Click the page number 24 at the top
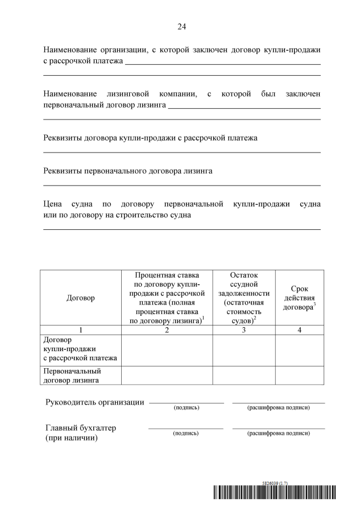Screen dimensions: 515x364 [x=182, y=27]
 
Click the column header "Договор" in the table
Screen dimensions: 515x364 [x=81, y=298]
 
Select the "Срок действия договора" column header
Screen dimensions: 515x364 [x=299, y=298]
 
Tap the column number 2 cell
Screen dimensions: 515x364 [x=167, y=330]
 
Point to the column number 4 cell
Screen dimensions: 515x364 [x=299, y=330]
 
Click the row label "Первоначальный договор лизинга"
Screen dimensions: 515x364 [x=73, y=376]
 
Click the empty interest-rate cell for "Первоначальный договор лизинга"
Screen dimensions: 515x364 [x=167, y=376]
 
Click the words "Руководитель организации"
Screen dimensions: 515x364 [x=94, y=403]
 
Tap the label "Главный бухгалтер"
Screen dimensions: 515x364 [x=84, y=428]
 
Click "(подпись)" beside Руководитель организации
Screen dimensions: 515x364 [x=186, y=408]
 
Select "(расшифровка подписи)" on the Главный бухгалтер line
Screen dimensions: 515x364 [x=278, y=434]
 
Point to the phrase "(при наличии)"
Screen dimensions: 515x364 [x=72, y=438]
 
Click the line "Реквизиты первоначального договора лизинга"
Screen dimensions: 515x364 [x=128, y=170]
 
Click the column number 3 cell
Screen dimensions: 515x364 [x=243, y=330]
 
